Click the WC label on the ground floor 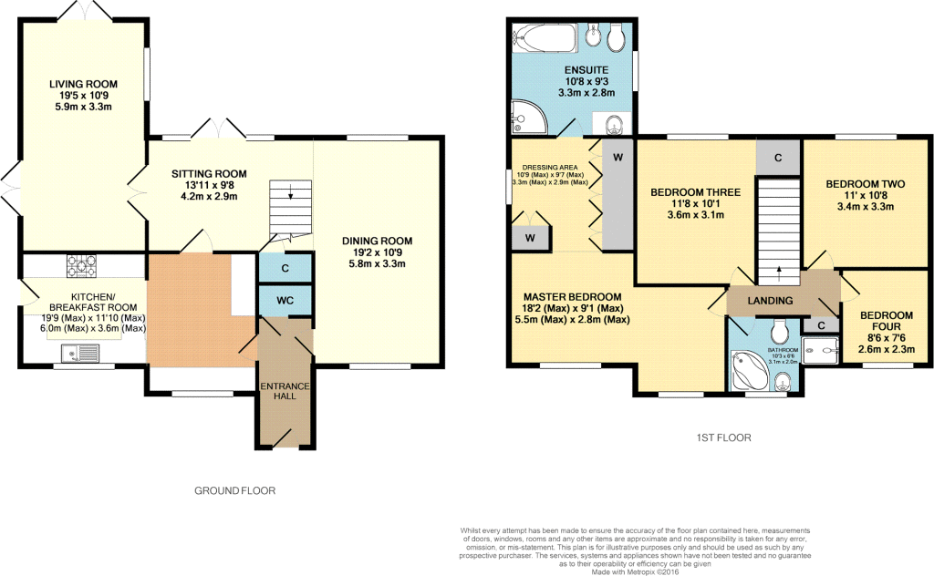click(285, 300)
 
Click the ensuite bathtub click(545, 37)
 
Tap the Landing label click(770, 301)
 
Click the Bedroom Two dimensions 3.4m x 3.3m click(865, 206)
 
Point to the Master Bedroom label click(573, 297)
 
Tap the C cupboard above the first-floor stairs click(777, 157)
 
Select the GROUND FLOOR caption click(234, 490)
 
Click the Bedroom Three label click(695, 192)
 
